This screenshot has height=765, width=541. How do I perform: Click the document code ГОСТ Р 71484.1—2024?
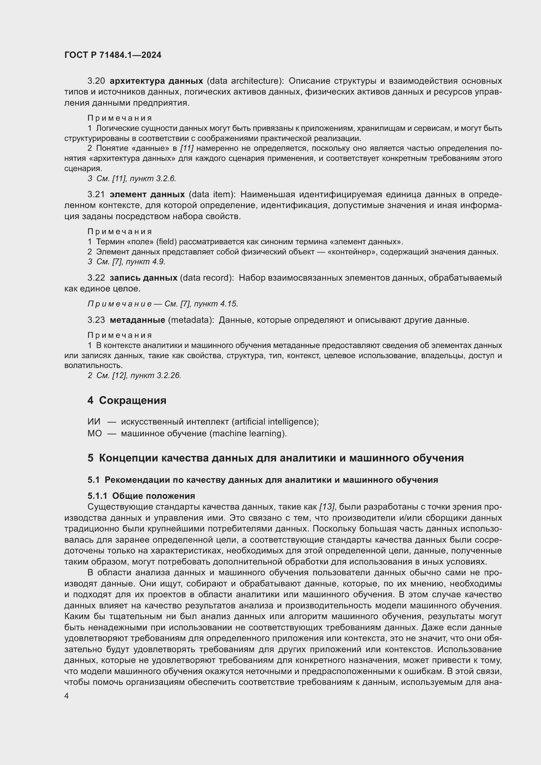point(113,55)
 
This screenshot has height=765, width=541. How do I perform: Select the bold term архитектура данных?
point(156,81)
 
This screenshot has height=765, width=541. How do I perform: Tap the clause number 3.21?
point(96,194)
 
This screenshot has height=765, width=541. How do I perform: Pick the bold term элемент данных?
point(147,194)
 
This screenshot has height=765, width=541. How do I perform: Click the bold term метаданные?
point(137,320)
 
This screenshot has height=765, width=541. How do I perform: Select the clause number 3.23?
point(96,320)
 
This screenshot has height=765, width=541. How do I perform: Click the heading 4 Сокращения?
point(127,400)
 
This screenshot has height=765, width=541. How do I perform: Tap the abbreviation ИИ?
point(94,422)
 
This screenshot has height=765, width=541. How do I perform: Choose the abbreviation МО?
point(95,433)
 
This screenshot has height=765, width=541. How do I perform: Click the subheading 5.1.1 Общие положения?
point(141,496)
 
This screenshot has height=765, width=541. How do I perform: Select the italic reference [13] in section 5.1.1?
point(327,507)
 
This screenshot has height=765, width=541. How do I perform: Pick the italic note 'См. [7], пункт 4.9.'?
point(131,262)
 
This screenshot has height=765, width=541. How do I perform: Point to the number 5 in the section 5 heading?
point(90,458)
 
